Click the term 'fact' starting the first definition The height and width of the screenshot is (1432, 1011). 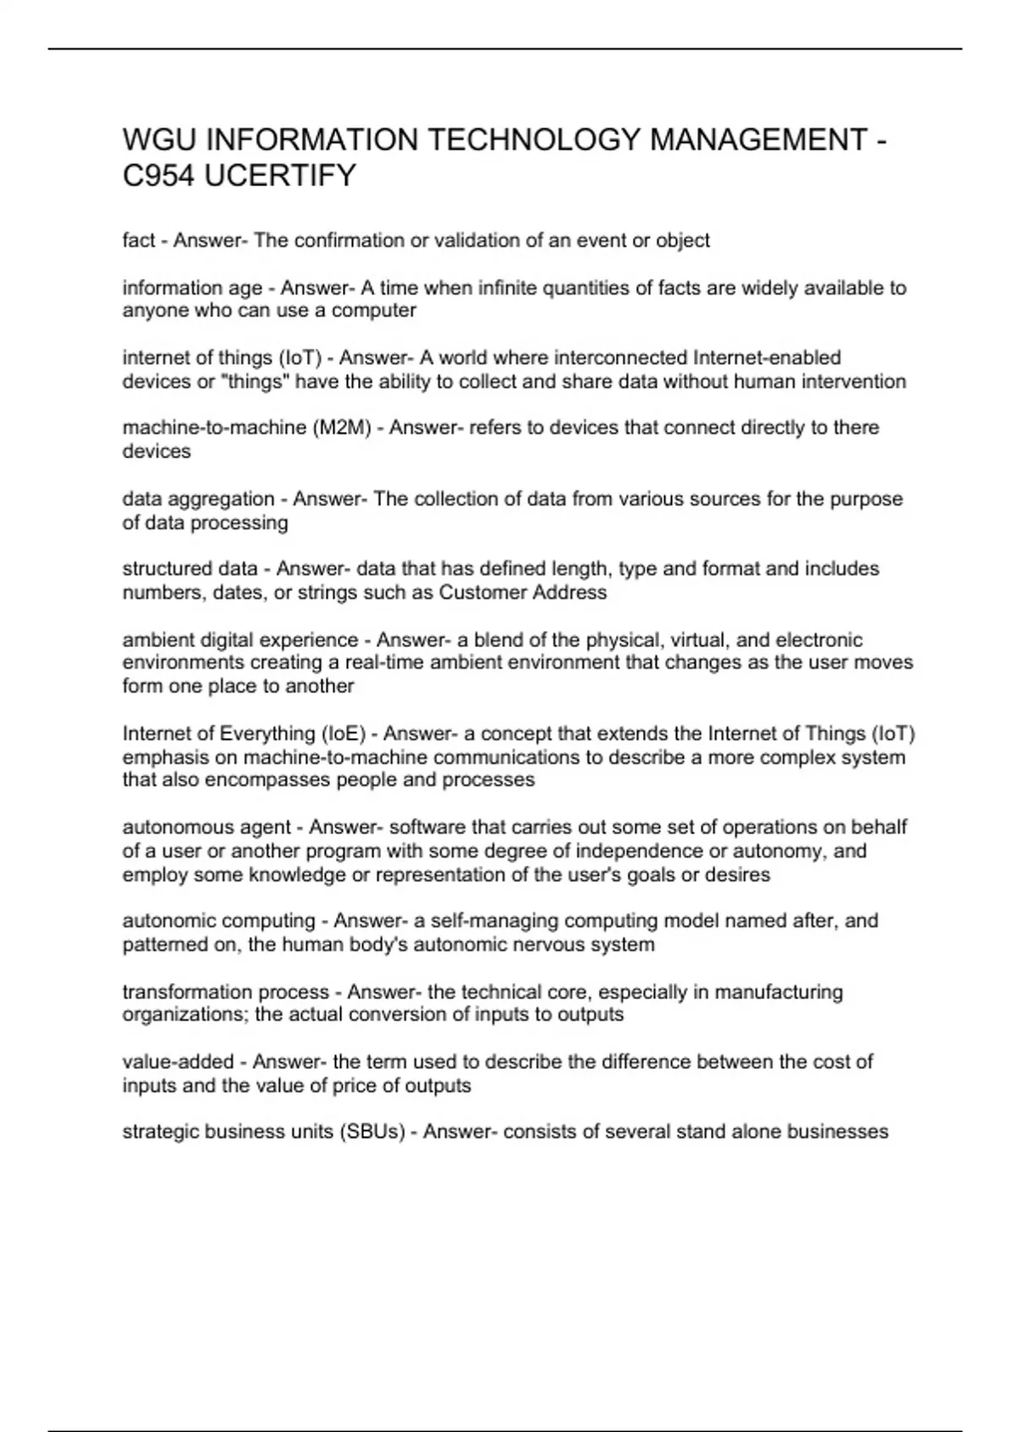coord(138,241)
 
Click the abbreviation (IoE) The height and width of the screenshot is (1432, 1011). coord(343,734)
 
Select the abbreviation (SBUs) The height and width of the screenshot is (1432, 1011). coord(372,1132)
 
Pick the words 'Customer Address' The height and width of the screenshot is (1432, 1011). coord(522,593)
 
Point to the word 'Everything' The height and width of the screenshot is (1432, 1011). coord(267,734)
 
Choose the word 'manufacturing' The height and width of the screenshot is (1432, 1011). coord(778,992)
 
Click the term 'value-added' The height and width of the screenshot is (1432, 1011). coord(178,1062)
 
